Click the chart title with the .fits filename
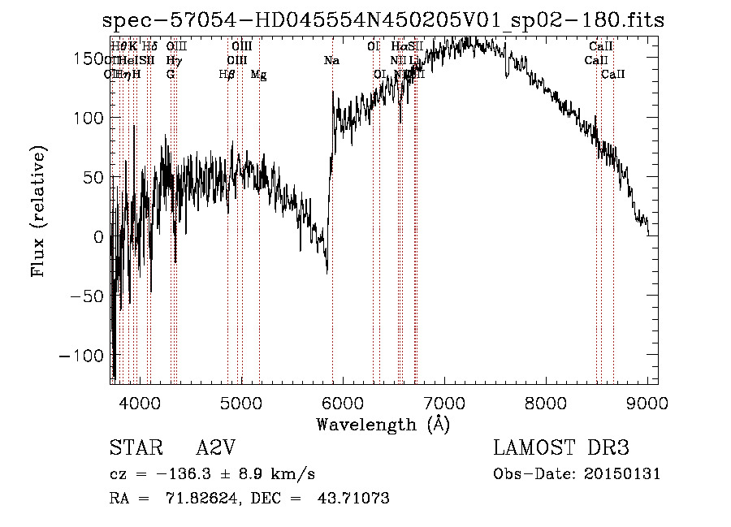(x=383, y=21)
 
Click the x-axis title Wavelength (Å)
(x=383, y=424)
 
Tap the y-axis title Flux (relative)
(x=39, y=211)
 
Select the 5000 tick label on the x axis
(x=241, y=402)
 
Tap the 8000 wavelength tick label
(x=546, y=402)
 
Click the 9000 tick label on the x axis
(x=647, y=402)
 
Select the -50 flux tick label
(x=86, y=296)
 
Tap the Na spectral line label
(x=331, y=61)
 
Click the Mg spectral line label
(x=258, y=75)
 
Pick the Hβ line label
(x=227, y=75)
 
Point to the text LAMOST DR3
(x=561, y=449)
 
